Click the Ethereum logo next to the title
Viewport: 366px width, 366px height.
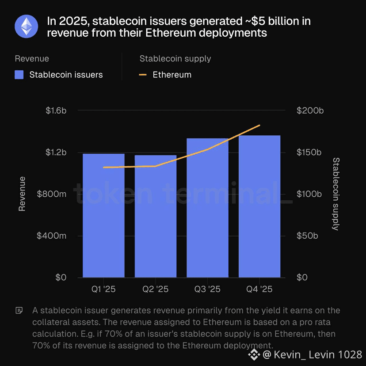[x=27, y=27]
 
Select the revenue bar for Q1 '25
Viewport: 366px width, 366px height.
[x=103, y=215]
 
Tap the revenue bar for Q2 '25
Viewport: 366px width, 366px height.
[x=156, y=216]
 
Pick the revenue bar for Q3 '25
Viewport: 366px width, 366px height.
[x=207, y=208]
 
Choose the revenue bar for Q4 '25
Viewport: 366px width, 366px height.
[x=259, y=206]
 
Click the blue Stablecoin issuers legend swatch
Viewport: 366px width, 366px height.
[x=19, y=75]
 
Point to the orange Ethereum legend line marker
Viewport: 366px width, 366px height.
[x=143, y=75]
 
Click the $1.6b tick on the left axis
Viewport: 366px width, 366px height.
[x=56, y=111]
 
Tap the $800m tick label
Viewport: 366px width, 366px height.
[x=52, y=194]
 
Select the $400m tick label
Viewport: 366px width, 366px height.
[x=52, y=236]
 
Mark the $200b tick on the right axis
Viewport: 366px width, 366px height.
[x=310, y=111]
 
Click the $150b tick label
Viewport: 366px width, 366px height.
[x=309, y=152]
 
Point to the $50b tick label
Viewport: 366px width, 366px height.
[x=307, y=236]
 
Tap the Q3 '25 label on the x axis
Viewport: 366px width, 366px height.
[x=207, y=289]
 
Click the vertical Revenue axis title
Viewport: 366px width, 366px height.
[x=22, y=194]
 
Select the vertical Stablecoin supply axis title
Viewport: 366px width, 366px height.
[x=336, y=194]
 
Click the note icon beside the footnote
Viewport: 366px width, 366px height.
[x=19, y=310]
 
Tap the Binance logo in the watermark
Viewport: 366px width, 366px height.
[x=254, y=355]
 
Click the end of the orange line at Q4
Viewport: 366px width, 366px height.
[x=259, y=126]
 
